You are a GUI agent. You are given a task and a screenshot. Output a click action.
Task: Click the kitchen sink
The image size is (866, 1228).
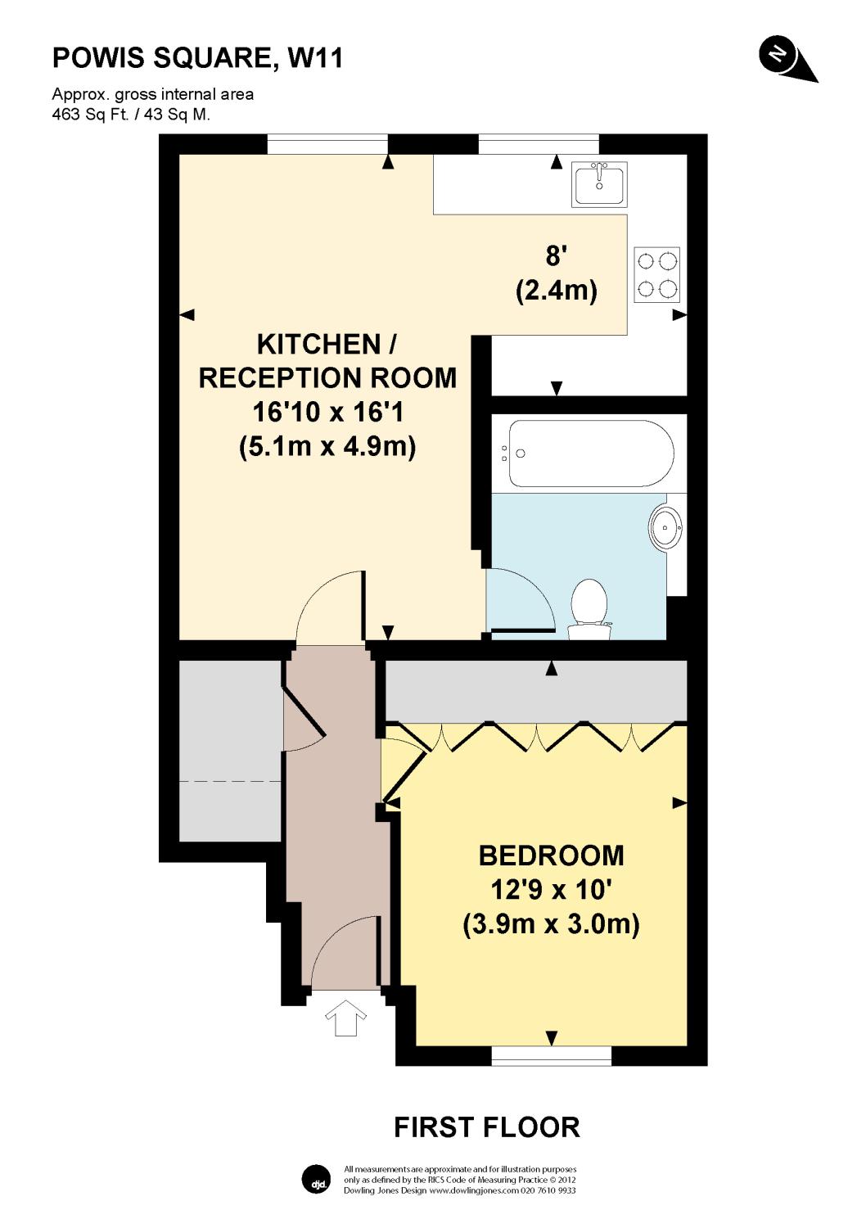coord(599,183)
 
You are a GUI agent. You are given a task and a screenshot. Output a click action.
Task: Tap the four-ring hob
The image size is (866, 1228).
coord(656,274)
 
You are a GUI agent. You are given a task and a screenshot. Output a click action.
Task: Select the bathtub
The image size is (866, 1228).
coord(592,454)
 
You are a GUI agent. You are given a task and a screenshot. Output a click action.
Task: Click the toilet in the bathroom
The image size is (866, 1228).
coord(589,609)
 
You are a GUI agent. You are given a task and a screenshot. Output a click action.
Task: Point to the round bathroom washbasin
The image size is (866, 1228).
coord(665,527)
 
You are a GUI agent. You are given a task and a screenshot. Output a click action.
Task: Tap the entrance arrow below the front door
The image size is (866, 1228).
coord(346,1018)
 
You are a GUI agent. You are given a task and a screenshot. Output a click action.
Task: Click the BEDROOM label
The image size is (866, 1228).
coord(552,856)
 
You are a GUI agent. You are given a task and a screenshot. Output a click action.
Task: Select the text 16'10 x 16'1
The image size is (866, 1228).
coord(327,412)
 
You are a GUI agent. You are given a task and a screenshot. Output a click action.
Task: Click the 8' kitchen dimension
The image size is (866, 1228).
coord(556,255)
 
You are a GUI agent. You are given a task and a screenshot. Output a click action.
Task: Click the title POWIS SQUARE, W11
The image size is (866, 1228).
coord(197,58)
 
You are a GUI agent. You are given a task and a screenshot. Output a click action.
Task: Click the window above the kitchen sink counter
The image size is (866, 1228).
coord(539,144)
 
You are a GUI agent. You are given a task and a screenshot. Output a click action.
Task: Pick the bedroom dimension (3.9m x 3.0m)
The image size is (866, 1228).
coord(552,925)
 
